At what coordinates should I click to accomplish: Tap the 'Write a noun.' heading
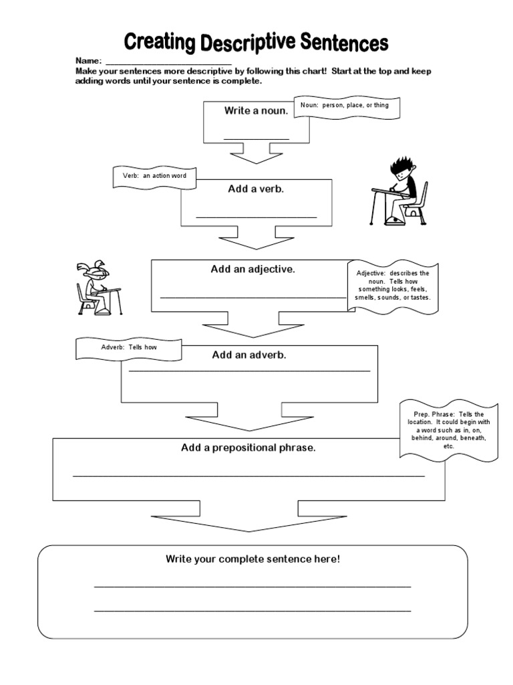[256, 111]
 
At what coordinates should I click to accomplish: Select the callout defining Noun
[349, 106]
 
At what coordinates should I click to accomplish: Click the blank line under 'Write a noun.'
[256, 138]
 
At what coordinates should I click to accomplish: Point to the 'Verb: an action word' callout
[154, 176]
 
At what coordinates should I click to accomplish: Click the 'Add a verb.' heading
[256, 189]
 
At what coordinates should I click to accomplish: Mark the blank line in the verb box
[256, 217]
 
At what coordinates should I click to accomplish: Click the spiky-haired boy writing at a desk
[399, 191]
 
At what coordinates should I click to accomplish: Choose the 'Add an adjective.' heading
[253, 270]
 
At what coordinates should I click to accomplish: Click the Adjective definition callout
[393, 286]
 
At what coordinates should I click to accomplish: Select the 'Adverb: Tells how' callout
[129, 348]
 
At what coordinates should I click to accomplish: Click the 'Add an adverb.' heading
[249, 355]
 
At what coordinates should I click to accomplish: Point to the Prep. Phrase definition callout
[449, 430]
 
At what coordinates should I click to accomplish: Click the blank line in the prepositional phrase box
[248, 476]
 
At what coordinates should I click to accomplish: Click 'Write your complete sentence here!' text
[253, 559]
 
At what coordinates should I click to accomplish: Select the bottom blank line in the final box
[252, 610]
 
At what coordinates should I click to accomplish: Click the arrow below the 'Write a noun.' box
[256, 155]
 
